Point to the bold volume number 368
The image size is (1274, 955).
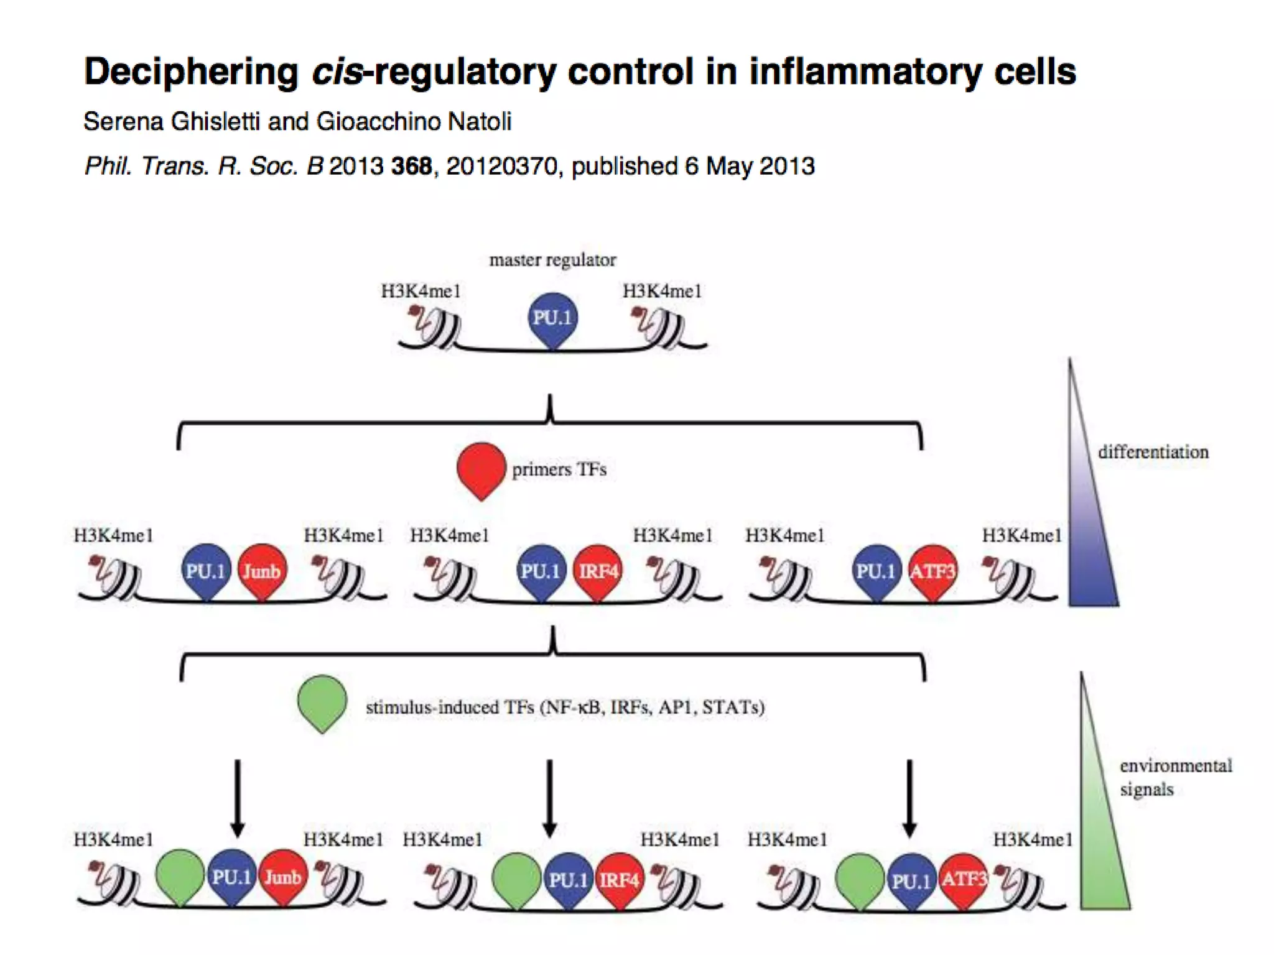click(x=411, y=166)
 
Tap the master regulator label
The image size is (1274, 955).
click(x=552, y=260)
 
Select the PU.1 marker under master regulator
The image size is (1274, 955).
click(x=552, y=318)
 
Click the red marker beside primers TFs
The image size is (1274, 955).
click(x=481, y=469)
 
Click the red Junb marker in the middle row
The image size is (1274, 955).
click(x=262, y=571)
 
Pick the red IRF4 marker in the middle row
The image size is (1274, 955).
click(x=598, y=571)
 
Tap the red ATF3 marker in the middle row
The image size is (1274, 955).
click(x=932, y=571)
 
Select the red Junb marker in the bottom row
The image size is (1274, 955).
click(x=283, y=877)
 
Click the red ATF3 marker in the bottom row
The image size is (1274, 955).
click(x=964, y=879)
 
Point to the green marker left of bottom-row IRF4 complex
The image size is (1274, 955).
click(x=516, y=879)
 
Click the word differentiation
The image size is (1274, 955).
click(x=1153, y=452)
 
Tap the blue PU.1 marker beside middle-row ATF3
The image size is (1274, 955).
click(x=876, y=571)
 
